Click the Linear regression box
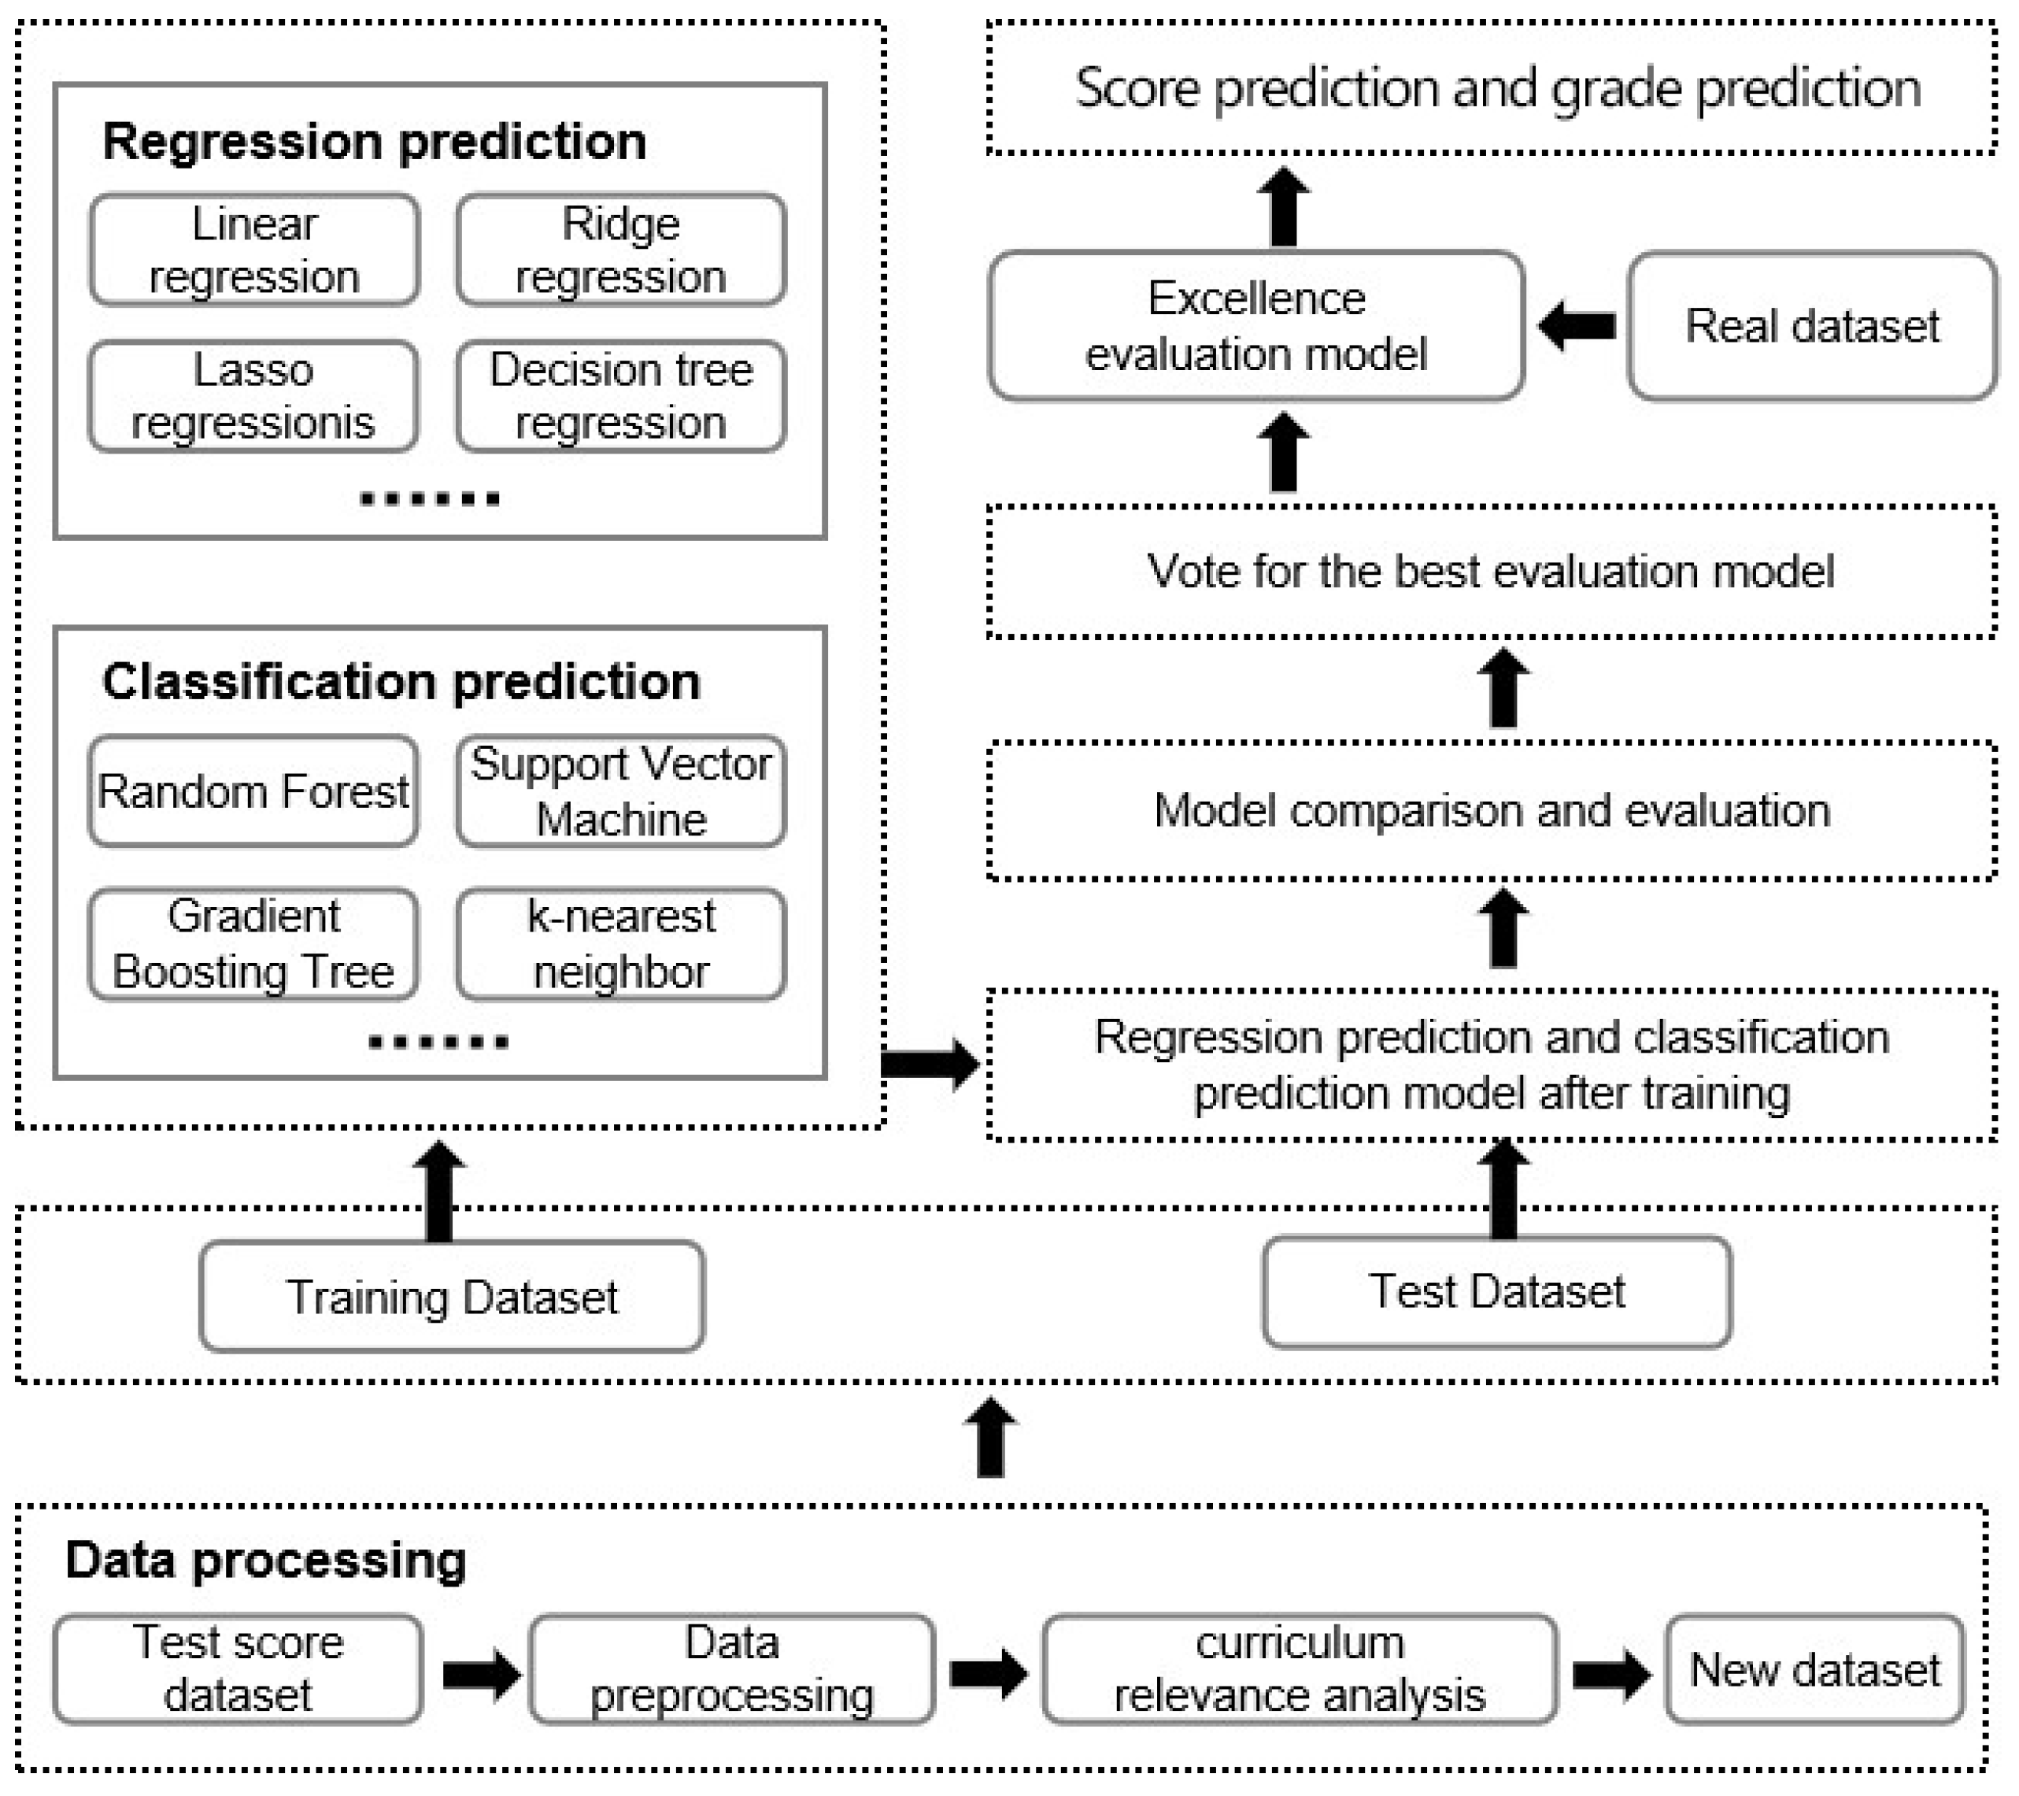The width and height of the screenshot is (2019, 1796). [254, 250]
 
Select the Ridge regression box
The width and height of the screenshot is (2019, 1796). [620, 250]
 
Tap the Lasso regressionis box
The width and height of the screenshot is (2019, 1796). [253, 396]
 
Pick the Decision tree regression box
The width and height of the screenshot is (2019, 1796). [620, 396]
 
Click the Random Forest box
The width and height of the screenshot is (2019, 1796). [253, 791]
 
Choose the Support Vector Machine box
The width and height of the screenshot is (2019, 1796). [620, 791]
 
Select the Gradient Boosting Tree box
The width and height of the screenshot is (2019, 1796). [253, 943]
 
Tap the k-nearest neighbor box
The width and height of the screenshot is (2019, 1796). [620, 943]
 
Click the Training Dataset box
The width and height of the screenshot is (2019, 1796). [451, 1296]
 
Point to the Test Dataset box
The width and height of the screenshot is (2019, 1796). [1496, 1291]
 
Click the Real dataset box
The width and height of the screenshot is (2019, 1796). [1810, 326]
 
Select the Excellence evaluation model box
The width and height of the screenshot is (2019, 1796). [1255, 326]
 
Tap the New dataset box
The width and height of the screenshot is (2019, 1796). [1814, 1669]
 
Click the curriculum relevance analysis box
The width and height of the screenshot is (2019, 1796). [1299, 1669]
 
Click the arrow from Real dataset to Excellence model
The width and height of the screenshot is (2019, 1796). [1577, 326]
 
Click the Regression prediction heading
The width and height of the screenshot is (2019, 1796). [375, 141]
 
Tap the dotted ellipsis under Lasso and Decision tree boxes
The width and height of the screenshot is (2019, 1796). [430, 499]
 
